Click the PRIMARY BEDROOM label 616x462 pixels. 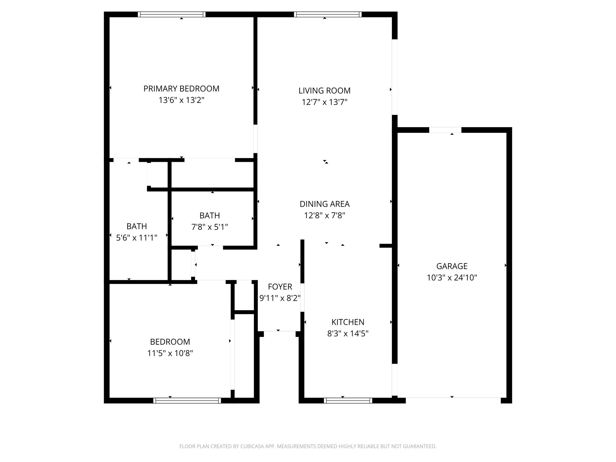pyautogui.click(x=181, y=89)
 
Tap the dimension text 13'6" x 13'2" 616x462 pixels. pyautogui.click(x=181, y=100)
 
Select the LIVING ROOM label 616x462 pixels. pyautogui.click(x=324, y=91)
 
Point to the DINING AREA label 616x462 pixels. pyautogui.click(x=324, y=204)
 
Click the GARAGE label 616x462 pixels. pyautogui.click(x=451, y=266)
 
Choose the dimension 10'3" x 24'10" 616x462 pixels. pyautogui.click(x=451, y=278)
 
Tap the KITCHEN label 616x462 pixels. pyautogui.click(x=347, y=322)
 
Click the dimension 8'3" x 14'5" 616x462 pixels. pyautogui.click(x=347, y=334)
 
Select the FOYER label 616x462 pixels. pyautogui.click(x=280, y=287)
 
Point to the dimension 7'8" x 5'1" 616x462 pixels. pyautogui.click(x=209, y=227)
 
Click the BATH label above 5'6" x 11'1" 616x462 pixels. pyautogui.click(x=137, y=226)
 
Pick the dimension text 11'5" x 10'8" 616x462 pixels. pyautogui.click(x=170, y=353)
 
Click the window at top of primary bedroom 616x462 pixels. pyautogui.click(x=171, y=14)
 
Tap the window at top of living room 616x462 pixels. pyautogui.click(x=328, y=14)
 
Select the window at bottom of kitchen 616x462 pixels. pyautogui.click(x=348, y=400)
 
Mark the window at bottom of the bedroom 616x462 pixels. pyautogui.click(x=187, y=400)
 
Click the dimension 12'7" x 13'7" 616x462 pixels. pyautogui.click(x=324, y=102)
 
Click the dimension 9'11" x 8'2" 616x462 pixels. pyautogui.click(x=280, y=298)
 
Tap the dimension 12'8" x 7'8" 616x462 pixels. pyautogui.click(x=324, y=215)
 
